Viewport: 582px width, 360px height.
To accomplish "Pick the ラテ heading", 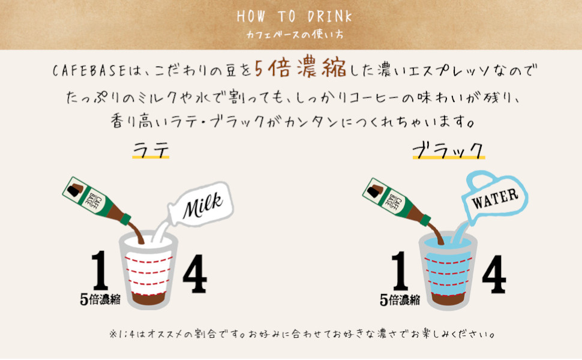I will point(150,148).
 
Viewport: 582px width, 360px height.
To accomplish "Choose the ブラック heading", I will point(448,148).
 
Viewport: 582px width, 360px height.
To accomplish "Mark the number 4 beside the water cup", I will point(493,275).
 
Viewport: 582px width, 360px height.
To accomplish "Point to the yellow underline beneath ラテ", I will point(151,158).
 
